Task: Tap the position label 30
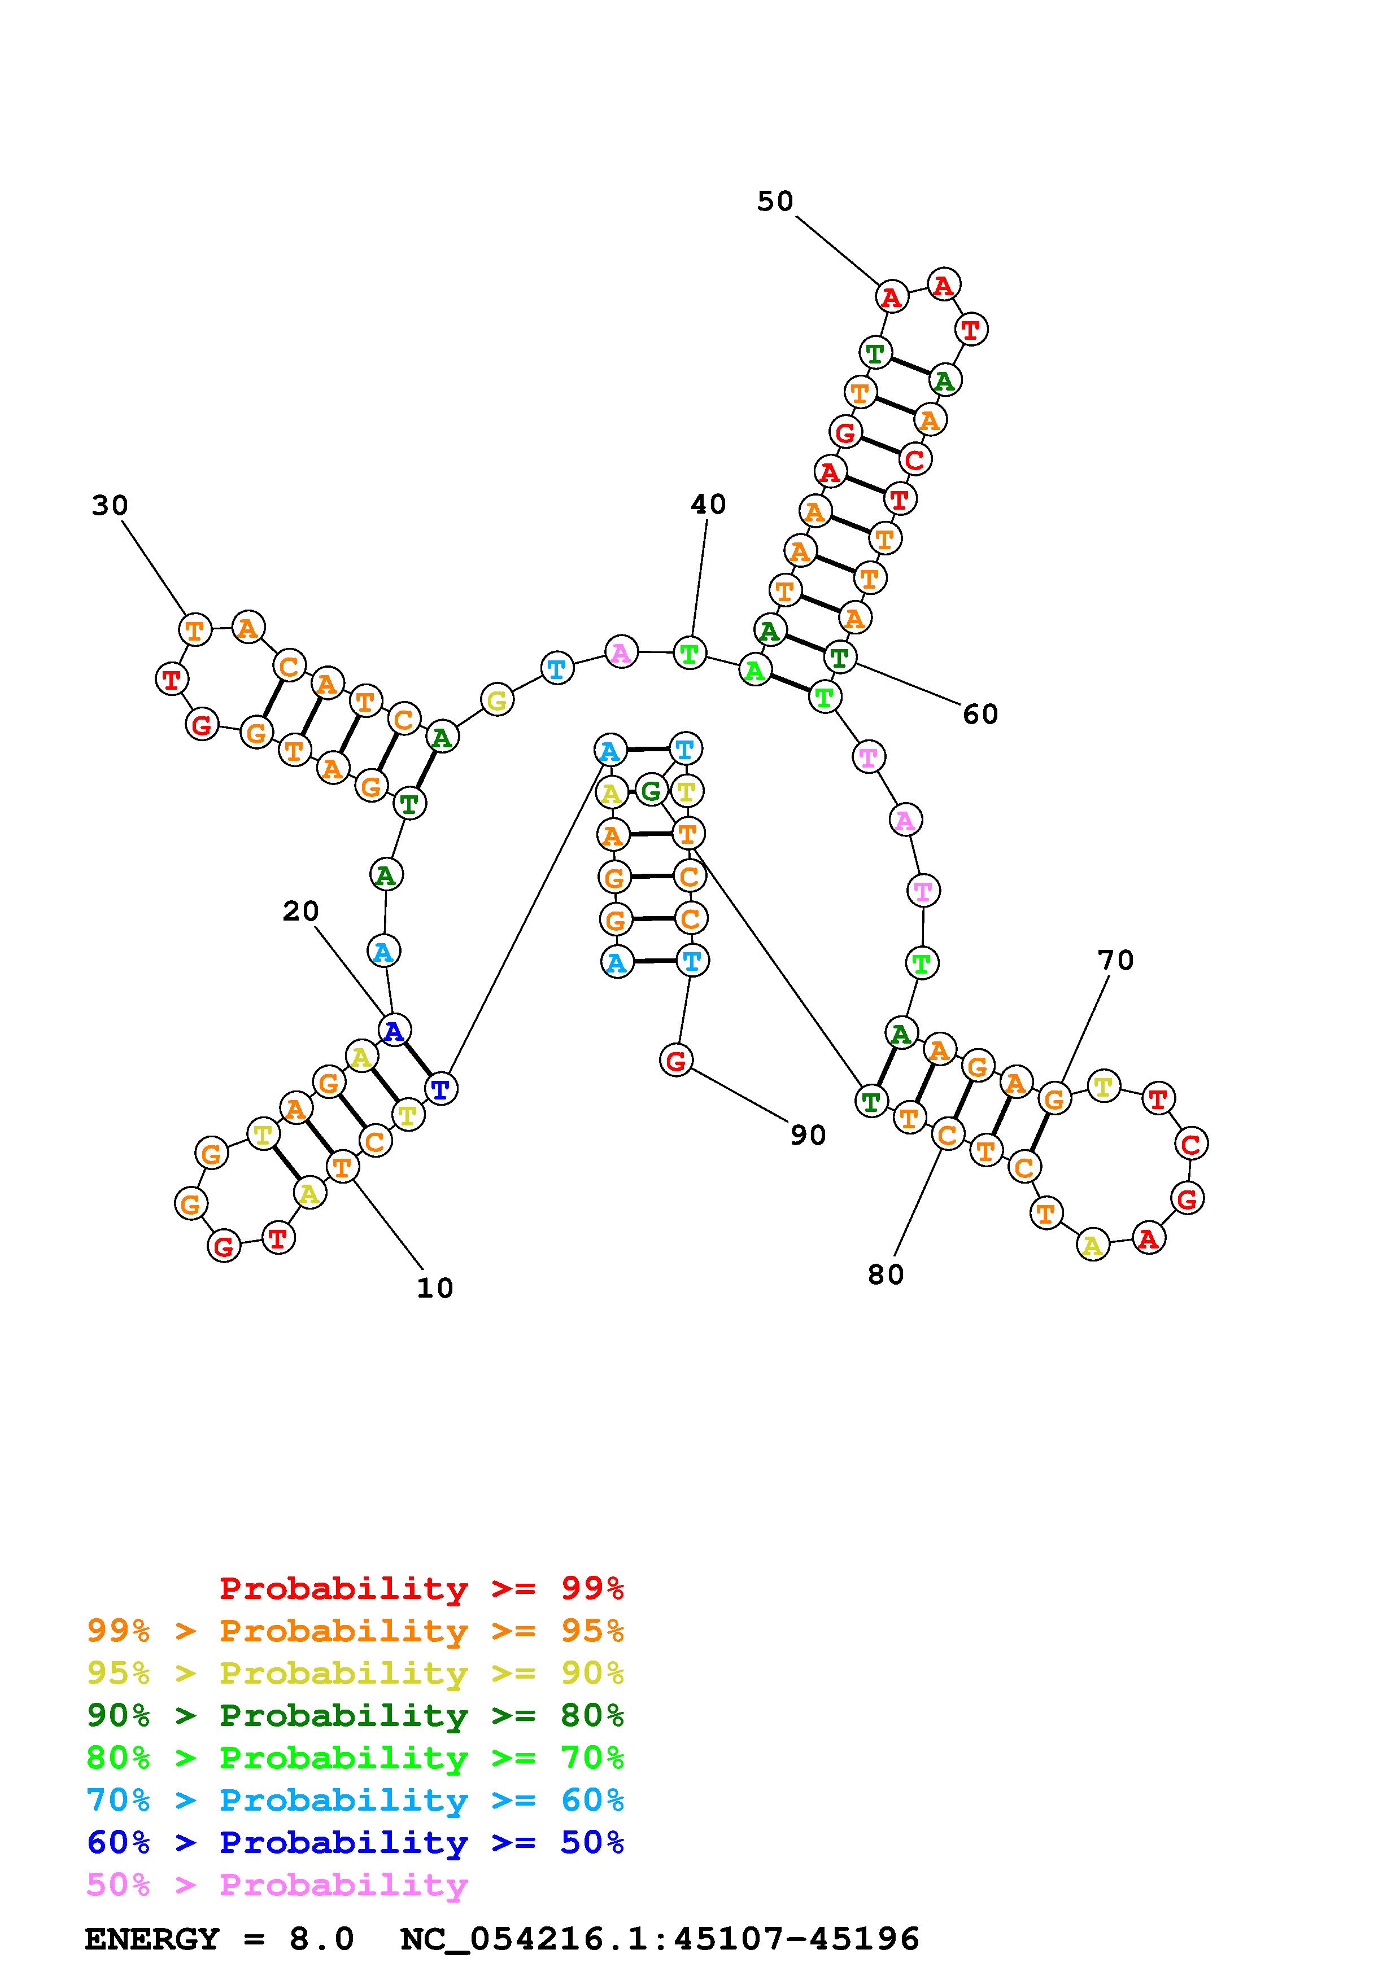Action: click(110, 505)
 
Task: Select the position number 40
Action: click(708, 505)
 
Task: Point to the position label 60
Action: click(980, 714)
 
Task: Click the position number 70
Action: click(1115, 960)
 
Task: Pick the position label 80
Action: click(885, 1274)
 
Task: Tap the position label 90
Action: click(808, 1136)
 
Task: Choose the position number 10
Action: click(435, 1289)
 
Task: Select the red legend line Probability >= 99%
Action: click(422, 1588)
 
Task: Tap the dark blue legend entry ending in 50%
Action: click(355, 1842)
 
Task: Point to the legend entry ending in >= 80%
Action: click(355, 1715)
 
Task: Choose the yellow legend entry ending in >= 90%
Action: click(355, 1673)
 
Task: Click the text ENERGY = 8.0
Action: click(219, 1939)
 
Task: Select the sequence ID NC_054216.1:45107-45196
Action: click(660, 1939)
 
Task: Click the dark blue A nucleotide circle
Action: click(394, 1031)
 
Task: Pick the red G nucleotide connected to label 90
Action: click(676, 1060)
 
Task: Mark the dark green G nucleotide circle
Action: click(651, 790)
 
